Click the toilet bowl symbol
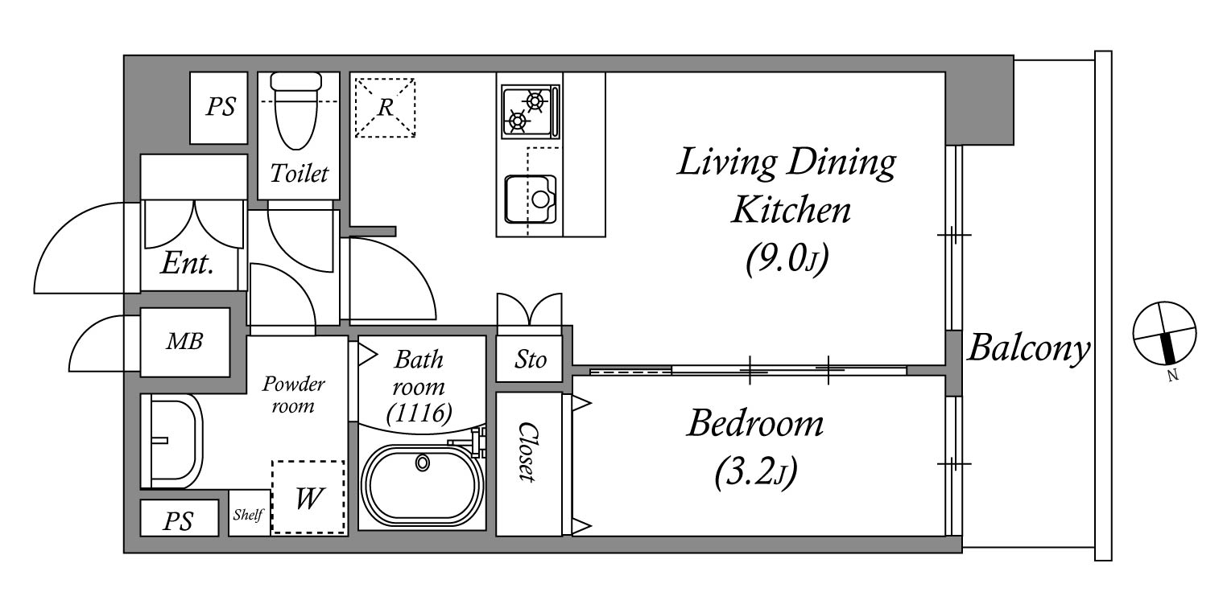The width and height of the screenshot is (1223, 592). coord(296,111)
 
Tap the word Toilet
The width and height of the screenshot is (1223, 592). coord(300,174)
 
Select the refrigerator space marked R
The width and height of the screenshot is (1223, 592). coord(385,108)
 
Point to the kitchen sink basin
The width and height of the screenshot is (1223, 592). coord(530,199)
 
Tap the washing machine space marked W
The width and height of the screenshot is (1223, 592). coord(308,497)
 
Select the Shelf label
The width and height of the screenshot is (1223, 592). coord(249,514)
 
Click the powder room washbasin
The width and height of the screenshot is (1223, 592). coord(172,441)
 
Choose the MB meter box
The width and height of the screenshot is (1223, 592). coord(184,342)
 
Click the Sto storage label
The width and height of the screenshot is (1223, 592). coord(530,360)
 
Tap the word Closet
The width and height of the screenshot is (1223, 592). coord(527,452)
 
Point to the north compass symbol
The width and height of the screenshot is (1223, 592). coord(1164,333)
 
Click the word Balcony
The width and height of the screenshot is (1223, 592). coord(1029,348)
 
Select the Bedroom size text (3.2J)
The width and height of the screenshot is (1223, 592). coord(756,472)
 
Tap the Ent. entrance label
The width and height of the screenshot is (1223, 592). coord(187,264)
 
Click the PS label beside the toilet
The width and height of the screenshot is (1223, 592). coord(221,107)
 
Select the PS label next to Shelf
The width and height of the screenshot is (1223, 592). coord(178,521)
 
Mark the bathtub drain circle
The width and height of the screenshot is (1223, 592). coord(422,462)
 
